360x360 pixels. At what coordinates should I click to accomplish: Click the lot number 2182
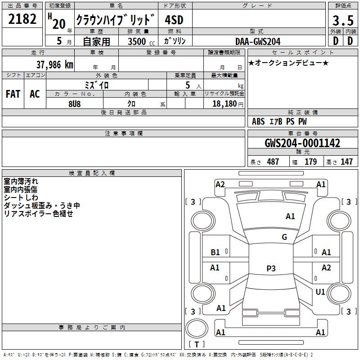pyautogui.click(x=23, y=19)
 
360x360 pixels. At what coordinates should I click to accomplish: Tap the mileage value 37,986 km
pyautogui.click(x=54, y=65)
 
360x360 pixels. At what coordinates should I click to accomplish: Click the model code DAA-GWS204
pyautogui.click(x=258, y=41)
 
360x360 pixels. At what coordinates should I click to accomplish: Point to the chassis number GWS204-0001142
pyautogui.click(x=302, y=144)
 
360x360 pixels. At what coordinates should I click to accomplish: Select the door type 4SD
pyautogui.click(x=175, y=20)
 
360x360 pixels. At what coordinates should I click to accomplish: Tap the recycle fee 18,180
pyautogui.click(x=224, y=103)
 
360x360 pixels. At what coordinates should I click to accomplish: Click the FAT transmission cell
pyautogui.click(x=13, y=94)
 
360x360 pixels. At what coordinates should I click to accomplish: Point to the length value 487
pyautogui.click(x=273, y=162)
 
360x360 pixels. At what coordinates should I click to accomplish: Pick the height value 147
pyautogui.click(x=346, y=162)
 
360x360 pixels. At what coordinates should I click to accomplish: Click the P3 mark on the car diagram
pyautogui.click(x=270, y=269)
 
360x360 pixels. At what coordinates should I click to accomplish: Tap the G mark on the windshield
pyautogui.click(x=284, y=237)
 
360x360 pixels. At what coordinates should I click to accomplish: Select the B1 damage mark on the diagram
pyautogui.click(x=216, y=252)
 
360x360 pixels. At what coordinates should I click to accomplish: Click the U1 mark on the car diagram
pyautogui.click(x=320, y=292)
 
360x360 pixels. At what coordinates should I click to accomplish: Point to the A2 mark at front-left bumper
pyautogui.click(x=220, y=184)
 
